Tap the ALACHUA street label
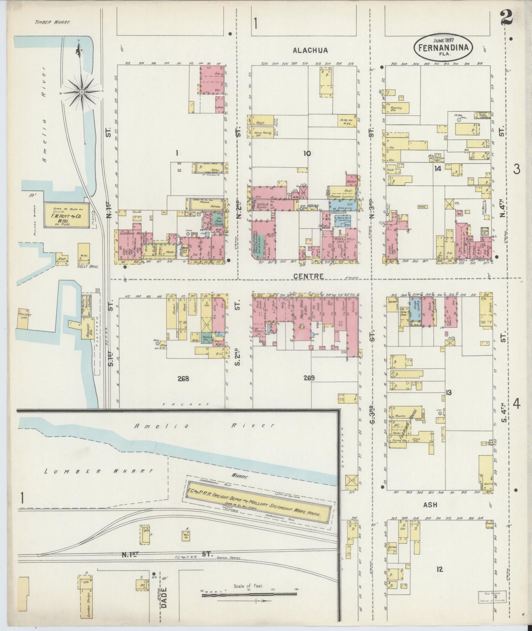310,50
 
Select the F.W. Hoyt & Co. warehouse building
66,215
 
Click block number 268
183,379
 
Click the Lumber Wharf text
99,471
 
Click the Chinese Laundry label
343,197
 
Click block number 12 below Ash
439,569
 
